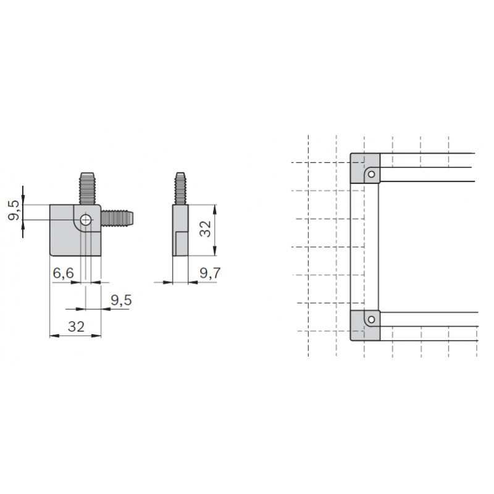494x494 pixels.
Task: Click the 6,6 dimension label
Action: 64,273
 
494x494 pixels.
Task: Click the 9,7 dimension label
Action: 210,273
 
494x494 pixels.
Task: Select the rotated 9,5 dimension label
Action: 14,211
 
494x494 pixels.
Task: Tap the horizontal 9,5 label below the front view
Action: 121,300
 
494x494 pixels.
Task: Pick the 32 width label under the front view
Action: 76,327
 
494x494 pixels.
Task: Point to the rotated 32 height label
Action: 206,228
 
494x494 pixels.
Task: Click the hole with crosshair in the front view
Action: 86,220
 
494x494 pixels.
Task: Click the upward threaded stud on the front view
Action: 87,188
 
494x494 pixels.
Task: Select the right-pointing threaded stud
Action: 117,218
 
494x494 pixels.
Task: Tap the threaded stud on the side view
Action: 180,188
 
